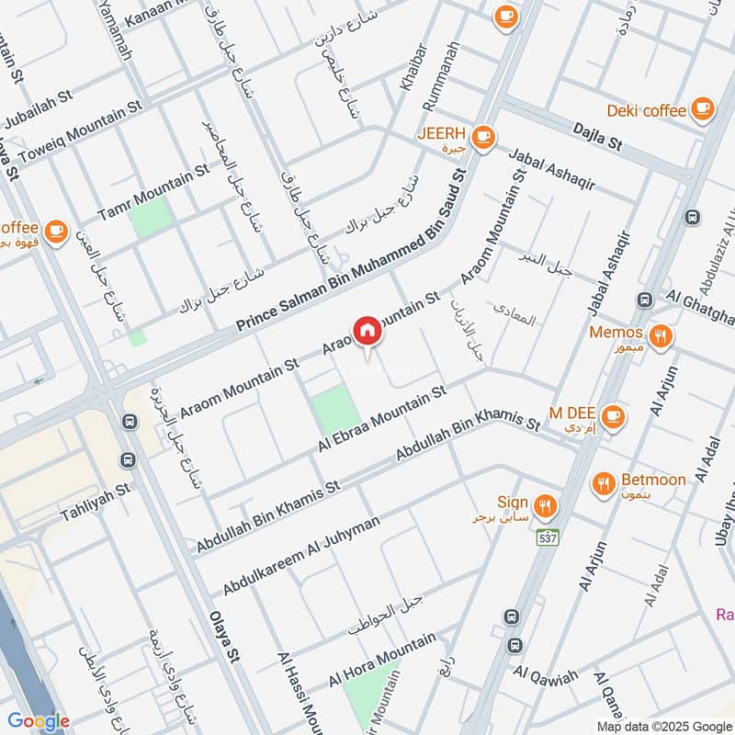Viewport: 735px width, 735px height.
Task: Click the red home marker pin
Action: pos(367,331)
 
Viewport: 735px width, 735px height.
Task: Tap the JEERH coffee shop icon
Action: pos(484,138)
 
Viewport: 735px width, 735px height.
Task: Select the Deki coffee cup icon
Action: pos(703,109)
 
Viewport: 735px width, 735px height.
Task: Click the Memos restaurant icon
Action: pos(659,335)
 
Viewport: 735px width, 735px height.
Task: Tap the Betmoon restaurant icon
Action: pos(604,482)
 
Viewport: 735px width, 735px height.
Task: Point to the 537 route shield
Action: pos(548,537)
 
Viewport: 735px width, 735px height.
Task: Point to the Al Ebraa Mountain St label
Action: pos(382,418)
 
